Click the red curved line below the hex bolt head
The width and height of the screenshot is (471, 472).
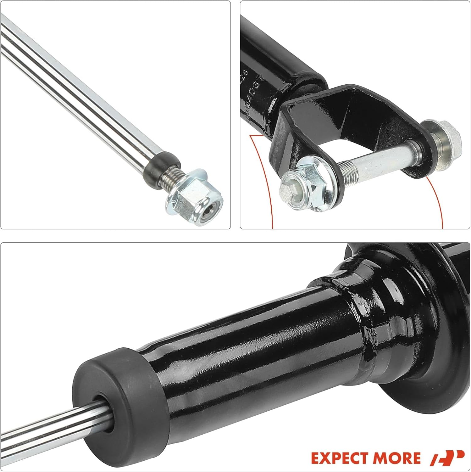click(x=438, y=201)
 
